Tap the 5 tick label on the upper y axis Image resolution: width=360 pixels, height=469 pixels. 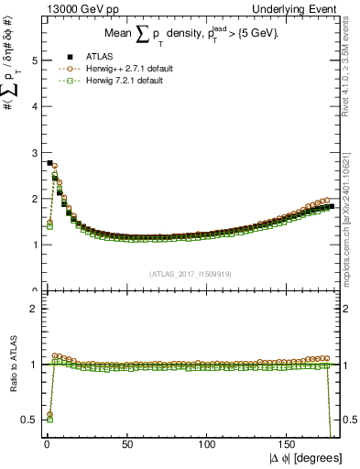tap(34, 60)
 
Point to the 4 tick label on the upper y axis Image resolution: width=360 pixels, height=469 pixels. tap(34, 106)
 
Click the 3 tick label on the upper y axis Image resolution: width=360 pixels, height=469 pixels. tap(34, 153)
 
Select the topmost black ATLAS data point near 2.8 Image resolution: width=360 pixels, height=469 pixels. tap(49, 162)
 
